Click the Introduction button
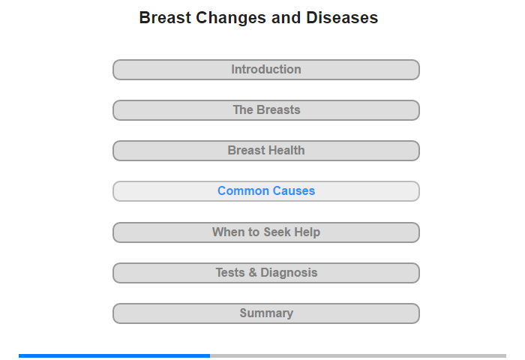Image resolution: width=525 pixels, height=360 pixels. [x=266, y=70]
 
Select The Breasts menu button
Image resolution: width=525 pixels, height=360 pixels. [x=266, y=110]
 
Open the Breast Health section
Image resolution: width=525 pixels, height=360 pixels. [x=266, y=151]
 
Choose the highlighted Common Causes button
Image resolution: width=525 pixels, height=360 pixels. [x=266, y=191]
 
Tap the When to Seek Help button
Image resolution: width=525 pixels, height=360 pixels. [x=266, y=232]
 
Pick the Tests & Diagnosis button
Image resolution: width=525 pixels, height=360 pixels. [x=266, y=273]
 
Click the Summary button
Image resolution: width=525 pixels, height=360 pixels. [x=266, y=313]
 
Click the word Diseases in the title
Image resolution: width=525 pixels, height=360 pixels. [x=342, y=18]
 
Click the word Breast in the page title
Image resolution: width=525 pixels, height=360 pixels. [x=165, y=18]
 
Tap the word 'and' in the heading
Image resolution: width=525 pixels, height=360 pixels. [x=286, y=18]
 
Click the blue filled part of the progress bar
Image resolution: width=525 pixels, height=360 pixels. [x=115, y=355]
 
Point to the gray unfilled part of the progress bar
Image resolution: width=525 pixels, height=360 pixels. [x=358, y=355]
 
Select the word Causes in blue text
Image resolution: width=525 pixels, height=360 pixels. [x=294, y=191]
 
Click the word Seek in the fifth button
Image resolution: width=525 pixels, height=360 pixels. [x=277, y=232]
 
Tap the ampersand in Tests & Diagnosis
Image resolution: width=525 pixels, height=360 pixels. [x=253, y=272]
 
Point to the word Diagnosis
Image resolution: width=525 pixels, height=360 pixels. [x=289, y=273]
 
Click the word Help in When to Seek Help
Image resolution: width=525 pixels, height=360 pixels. [x=307, y=232]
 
